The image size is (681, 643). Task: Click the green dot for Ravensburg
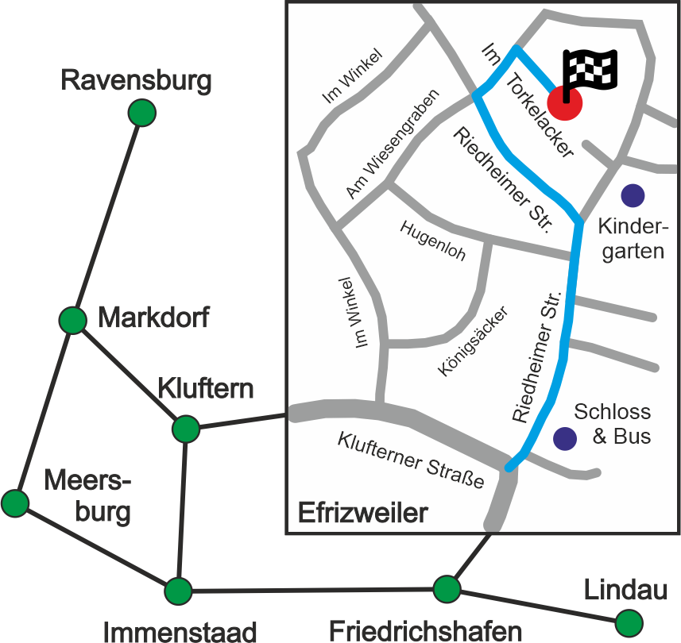click(x=142, y=113)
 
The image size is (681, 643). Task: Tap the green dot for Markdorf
click(x=73, y=320)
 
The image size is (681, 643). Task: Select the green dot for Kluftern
click(x=186, y=429)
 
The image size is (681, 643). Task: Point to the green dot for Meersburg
click(x=15, y=503)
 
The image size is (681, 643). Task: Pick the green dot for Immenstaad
click(x=178, y=591)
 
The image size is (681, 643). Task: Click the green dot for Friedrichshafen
click(x=447, y=589)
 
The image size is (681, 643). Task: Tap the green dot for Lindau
click(x=629, y=623)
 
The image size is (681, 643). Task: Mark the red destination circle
click(x=564, y=103)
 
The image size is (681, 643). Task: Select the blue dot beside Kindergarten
click(x=633, y=195)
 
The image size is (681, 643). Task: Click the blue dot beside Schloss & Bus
click(x=565, y=438)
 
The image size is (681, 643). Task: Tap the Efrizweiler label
click(x=362, y=513)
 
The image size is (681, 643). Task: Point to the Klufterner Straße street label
click(x=411, y=460)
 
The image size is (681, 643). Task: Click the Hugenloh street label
click(x=433, y=241)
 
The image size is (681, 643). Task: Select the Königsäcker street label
click(x=473, y=341)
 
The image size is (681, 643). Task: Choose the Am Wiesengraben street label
click(x=393, y=144)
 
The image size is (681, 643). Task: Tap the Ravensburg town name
click(x=136, y=81)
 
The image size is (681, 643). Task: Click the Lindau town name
click(x=625, y=590)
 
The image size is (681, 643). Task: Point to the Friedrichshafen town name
click(x=426, y=631)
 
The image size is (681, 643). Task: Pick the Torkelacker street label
click(x=540, y=115)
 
